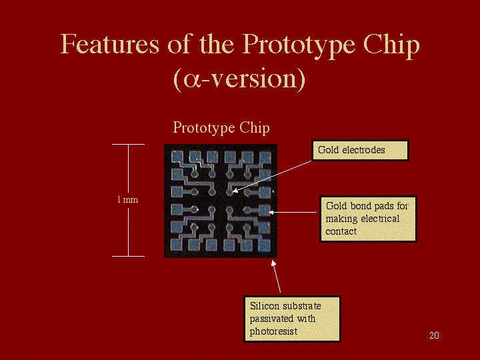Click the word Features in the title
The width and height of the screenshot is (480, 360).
pos(109,45)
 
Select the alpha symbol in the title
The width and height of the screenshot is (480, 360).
pos(191,79)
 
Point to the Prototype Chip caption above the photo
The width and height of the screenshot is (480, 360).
pos(221,128)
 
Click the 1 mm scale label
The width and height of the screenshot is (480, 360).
pos(127,199)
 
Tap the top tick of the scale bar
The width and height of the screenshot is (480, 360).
pos(128,144)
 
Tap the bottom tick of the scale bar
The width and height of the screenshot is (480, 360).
pos(128,256)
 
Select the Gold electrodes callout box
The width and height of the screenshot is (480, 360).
pos(360,150)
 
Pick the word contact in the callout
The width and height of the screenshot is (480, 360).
pos(341,231)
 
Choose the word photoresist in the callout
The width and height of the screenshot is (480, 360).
pos(273,331)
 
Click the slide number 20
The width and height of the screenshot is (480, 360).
pos(434,335)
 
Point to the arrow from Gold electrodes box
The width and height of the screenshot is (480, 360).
pos(272,176)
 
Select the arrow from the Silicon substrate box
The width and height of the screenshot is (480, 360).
pos(276,276)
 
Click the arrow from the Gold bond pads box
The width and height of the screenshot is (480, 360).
pos(293,212)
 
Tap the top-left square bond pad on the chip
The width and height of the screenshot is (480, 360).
pos(177,157)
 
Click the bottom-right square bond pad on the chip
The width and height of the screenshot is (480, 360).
pos(264,245)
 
